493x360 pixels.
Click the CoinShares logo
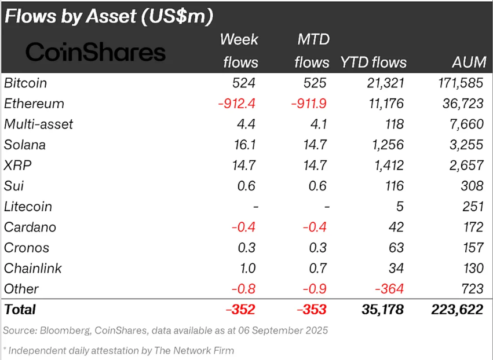tap(96, 52)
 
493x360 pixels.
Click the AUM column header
tap(467, 63)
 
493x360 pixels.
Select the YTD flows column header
tap(374, 63)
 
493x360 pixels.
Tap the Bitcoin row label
tap(25, 83)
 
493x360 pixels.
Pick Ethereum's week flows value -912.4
tap(238, 104)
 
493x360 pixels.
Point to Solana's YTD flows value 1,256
tap(388, 145)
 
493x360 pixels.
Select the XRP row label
tap(18, 165)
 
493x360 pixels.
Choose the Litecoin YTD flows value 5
tap(400, 207)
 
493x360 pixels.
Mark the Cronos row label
tap(27, 248)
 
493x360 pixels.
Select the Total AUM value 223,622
tap(457, 310)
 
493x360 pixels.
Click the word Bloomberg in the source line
tap(63, 330)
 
